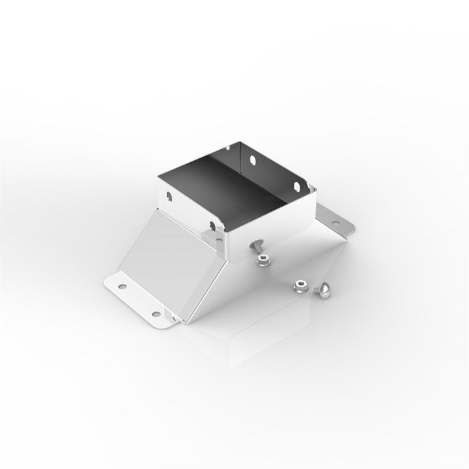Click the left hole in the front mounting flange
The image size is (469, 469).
[121, 285]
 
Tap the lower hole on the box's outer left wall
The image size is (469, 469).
[212, 226]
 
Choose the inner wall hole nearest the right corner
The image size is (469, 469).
[296, 186]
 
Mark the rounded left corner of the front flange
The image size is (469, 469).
[107, 283]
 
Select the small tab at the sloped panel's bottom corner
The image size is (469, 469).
[175, 319]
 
